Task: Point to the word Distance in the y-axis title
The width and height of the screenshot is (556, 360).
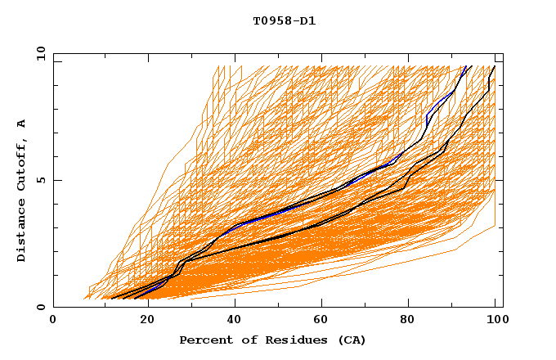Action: pyautogui.click(x=22, y=232)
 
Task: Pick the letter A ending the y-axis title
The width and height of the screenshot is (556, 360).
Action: pyautogui.click(x=22, y=123)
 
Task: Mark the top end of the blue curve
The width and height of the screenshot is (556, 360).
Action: pyautogui.click(x=465, y=67)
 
